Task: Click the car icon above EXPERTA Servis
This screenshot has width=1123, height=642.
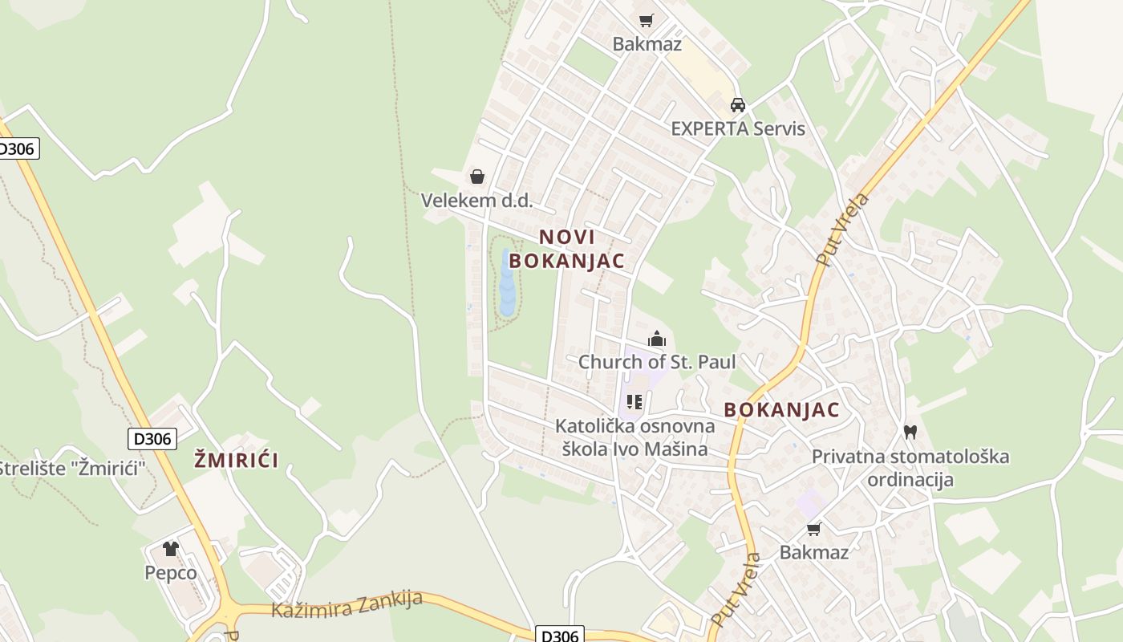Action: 737,104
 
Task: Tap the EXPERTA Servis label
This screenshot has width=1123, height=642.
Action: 737,128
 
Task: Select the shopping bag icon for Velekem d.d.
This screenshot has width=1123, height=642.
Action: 477,177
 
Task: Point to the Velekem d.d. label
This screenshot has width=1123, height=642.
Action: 477,201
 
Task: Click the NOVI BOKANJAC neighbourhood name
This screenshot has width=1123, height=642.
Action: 567,249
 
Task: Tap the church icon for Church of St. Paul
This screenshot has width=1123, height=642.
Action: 657,339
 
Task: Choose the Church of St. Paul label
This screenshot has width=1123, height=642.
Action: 657,362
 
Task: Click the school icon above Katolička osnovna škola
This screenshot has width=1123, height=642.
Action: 634,401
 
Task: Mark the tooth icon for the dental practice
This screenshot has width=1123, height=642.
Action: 910,432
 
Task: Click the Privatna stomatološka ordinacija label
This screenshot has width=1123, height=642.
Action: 910,468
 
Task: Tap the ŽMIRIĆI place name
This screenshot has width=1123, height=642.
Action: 237,460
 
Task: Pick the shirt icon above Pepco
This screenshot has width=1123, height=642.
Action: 171,549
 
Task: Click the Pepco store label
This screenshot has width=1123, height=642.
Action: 171,573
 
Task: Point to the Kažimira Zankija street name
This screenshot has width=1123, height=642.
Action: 347,603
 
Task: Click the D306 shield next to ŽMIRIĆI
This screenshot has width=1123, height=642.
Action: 152,439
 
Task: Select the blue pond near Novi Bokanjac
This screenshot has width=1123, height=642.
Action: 507,282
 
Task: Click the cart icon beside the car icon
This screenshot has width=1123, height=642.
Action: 646,20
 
